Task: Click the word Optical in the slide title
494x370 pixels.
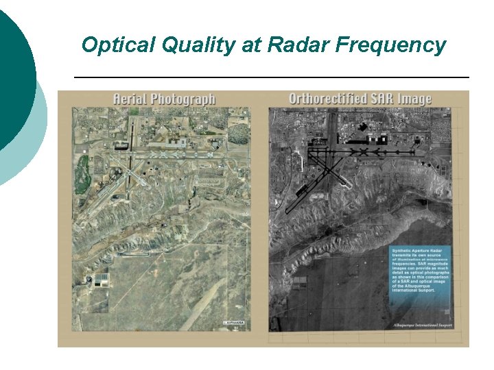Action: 111,46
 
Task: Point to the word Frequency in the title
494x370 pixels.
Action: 390,46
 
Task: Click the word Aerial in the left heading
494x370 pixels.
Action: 130,99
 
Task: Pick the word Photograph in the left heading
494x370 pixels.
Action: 183,99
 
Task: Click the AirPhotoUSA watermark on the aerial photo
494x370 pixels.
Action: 233,322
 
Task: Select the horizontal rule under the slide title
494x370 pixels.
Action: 271,77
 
